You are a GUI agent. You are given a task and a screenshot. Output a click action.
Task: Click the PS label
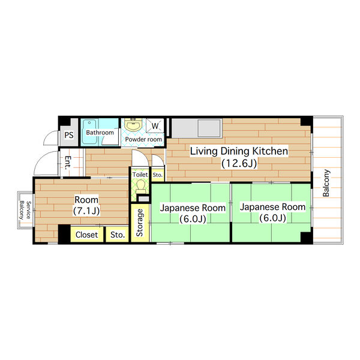69,135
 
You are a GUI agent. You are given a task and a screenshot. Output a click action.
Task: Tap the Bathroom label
100,133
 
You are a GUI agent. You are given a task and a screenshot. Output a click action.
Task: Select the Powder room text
143,139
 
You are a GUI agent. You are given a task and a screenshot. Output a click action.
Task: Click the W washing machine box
155,125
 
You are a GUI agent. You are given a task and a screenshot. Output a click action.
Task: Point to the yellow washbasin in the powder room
133,125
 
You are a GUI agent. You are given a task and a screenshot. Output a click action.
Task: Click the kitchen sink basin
209,128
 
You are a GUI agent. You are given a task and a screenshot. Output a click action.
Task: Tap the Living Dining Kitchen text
239,151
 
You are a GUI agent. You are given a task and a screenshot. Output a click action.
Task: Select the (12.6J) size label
239,163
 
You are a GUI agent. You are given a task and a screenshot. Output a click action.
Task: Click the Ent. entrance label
68,163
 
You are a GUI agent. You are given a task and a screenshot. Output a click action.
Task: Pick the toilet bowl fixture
140,187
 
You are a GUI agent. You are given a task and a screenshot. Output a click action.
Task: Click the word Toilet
140,175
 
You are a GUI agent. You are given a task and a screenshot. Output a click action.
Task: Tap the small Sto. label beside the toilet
157,175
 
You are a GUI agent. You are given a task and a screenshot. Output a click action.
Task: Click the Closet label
86,235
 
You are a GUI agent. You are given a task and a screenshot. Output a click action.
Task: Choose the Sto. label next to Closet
118,235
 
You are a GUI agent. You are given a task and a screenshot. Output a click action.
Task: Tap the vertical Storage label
140,223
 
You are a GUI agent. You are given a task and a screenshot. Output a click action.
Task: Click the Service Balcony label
25,210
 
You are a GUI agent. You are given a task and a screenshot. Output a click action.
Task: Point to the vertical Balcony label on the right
326,183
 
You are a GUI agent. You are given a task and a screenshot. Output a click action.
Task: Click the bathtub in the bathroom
89,132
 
